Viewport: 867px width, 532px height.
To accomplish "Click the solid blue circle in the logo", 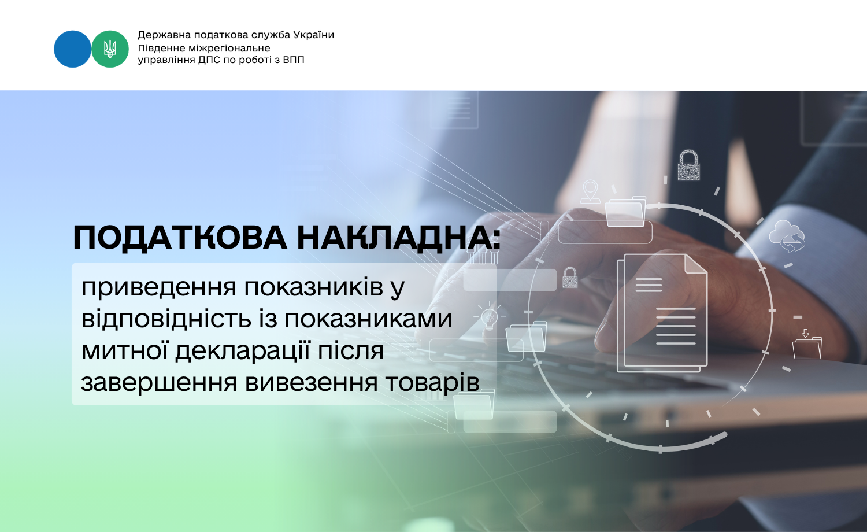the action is click(x=72, y=49).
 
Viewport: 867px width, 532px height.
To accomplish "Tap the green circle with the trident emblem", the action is click(x=110, y=49).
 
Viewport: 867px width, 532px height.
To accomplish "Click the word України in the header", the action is click(x=313, y=35).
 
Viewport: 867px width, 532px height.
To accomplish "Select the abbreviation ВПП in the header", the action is click(x=294, y=60).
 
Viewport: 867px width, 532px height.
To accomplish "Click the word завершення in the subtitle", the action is click(x=159, y=383).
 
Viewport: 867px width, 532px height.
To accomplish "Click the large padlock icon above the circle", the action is click(x=688, y=165).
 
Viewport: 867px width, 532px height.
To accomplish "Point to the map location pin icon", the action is click(x=590, y=191).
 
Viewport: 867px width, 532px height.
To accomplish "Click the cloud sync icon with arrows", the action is click(x=787, y=236).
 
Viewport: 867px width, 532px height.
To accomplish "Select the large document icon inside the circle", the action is click(x=662, y=313).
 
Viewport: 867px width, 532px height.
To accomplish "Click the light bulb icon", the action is click(x=489, y=316).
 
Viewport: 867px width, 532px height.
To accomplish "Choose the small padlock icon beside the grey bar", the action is click(x=570, y=278).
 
